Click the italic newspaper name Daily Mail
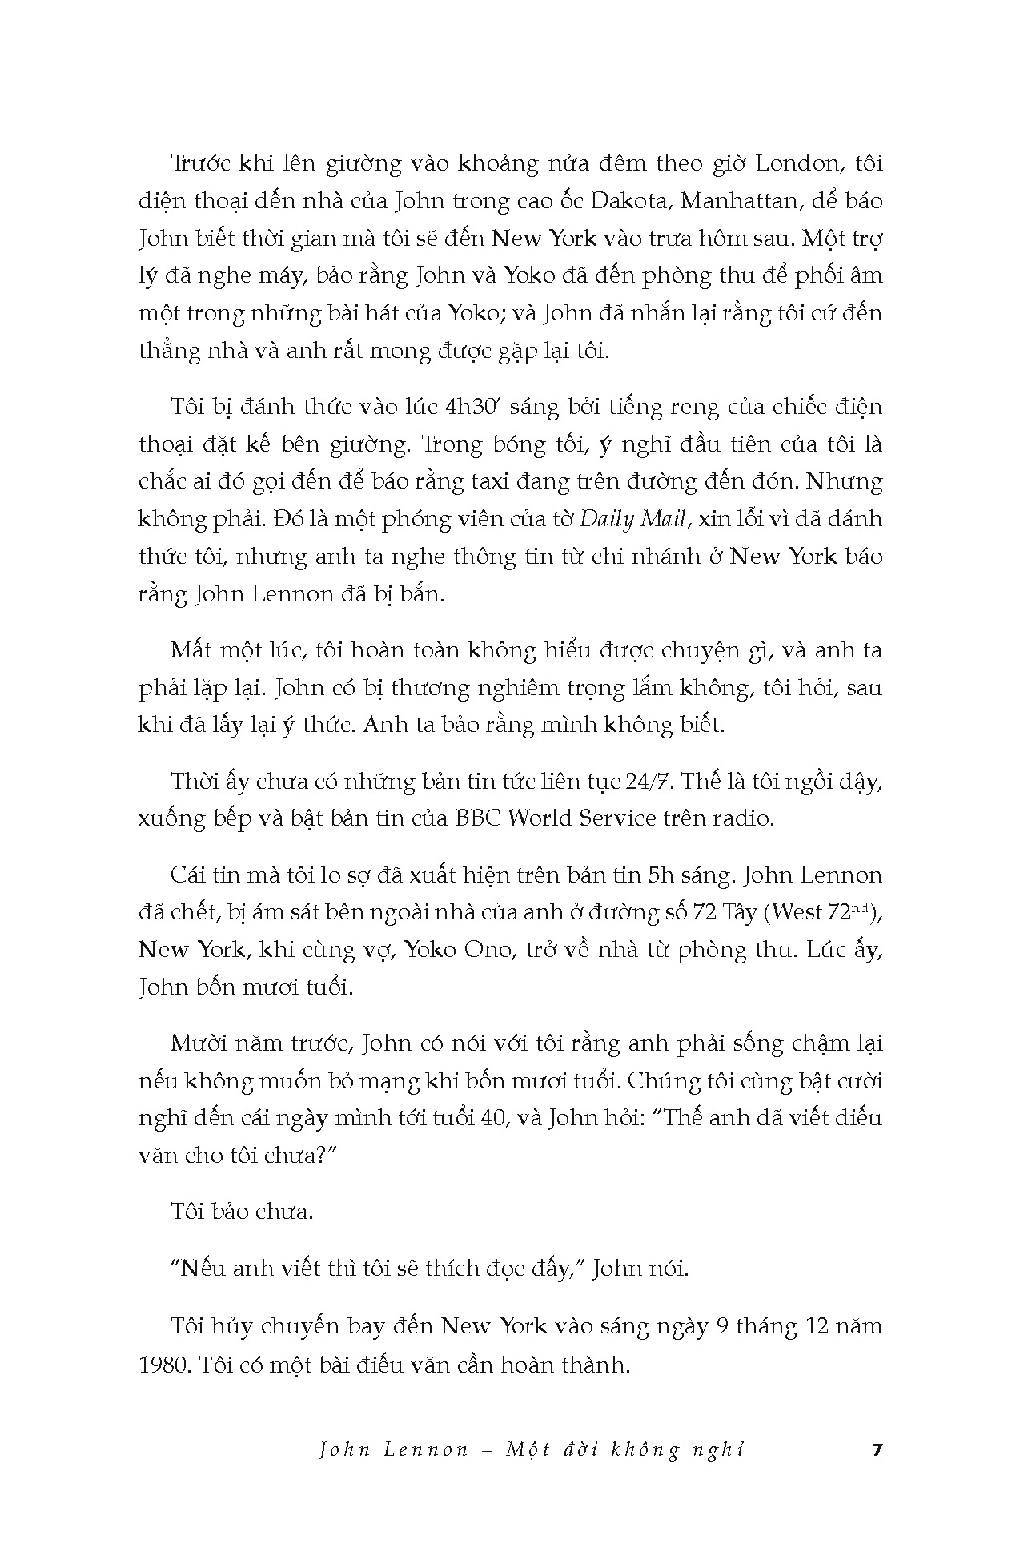(633, 519)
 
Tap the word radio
(746, 818)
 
